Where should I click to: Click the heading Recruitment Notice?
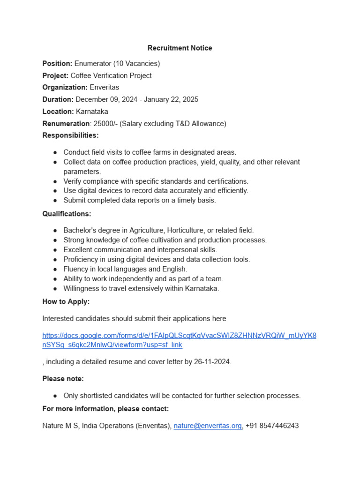pyautogui.click(x=180, y=48)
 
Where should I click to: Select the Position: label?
pyautogui.click(x=57, y=63)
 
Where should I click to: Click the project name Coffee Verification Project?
pyautogui.click(x=111, y=75)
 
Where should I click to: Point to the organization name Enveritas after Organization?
pyautogui.click(x=105, y=87)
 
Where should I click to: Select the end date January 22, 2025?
pyautogui.click(x=171, y=99)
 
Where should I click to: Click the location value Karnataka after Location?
pyautogui.click(x=92, y=112)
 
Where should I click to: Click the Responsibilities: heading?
pyautogui.click(x=70, y=135)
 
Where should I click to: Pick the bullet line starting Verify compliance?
pyautogui.click(x=156, y=181)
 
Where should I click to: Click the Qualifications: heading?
pyautogui.click(x=67, y=214)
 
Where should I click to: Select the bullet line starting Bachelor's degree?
pyautogui.click(x=158, y=230)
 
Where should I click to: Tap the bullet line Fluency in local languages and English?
pyautogui.click(x=125, y=269)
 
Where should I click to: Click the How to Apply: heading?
pyautogui.click(x=66, y=301)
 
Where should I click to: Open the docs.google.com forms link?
pyautogui.click(x=179, y=336)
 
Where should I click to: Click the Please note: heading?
pyautogui.click(x=63, y=379)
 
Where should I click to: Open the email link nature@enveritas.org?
pyautogui.click(x=208, y=426)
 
